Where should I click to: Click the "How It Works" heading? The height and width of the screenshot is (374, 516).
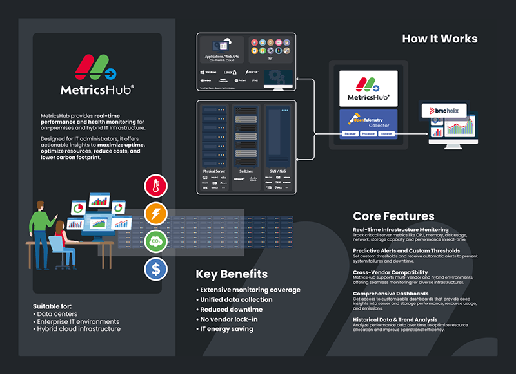point(440,39)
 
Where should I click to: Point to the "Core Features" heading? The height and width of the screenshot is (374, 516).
point(393,216)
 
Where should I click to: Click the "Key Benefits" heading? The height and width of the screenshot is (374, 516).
point(232,275)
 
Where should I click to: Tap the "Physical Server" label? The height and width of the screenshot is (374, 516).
point(213,171)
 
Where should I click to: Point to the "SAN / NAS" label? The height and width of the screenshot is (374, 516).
point(278,171)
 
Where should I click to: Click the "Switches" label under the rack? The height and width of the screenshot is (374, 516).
point(246,171)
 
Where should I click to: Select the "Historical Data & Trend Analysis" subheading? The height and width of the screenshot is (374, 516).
point(395,319)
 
